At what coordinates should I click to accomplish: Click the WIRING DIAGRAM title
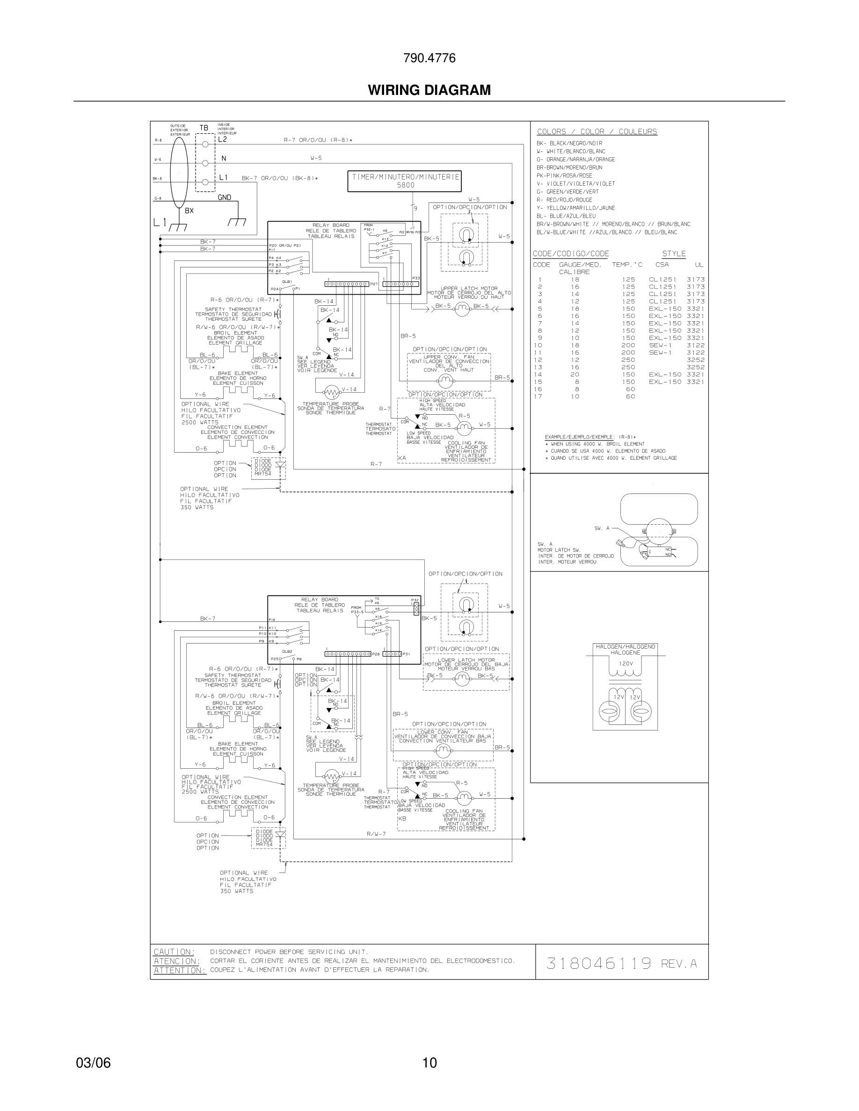click(429, 90)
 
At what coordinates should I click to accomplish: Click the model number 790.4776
click(429, 58)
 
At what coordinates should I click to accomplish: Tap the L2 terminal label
click(222, 139)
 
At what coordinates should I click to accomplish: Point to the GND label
click(225, 197)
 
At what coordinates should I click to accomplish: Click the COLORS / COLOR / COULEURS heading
click(597, 132)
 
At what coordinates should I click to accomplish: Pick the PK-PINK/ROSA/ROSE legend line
click(564, 175)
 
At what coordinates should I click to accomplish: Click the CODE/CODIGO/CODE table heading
click(570, 254)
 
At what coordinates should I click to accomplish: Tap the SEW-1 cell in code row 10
click(660, 346)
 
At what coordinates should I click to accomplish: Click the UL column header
click(699, 265)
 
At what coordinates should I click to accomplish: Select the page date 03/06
click(93, 1062)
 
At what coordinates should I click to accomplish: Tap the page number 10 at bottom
click(429, 1062)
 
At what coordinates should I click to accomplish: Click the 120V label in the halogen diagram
click(626, 664)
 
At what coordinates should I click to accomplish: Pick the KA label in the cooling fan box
click(402, 458)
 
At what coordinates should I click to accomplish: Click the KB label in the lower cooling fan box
click(402, 818)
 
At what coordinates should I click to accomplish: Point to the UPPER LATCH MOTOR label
click(469, 289)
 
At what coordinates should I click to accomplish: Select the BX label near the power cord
click(189, 210)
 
